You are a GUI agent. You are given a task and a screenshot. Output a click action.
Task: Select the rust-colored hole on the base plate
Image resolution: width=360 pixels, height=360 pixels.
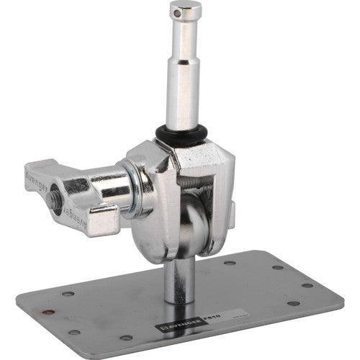49,312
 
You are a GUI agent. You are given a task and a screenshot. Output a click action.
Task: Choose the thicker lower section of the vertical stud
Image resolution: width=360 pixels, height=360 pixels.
182,97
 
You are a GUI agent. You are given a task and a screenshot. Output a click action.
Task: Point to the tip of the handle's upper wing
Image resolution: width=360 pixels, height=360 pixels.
29,173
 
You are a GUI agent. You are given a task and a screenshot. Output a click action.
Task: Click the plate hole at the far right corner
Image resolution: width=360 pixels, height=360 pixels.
310,285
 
